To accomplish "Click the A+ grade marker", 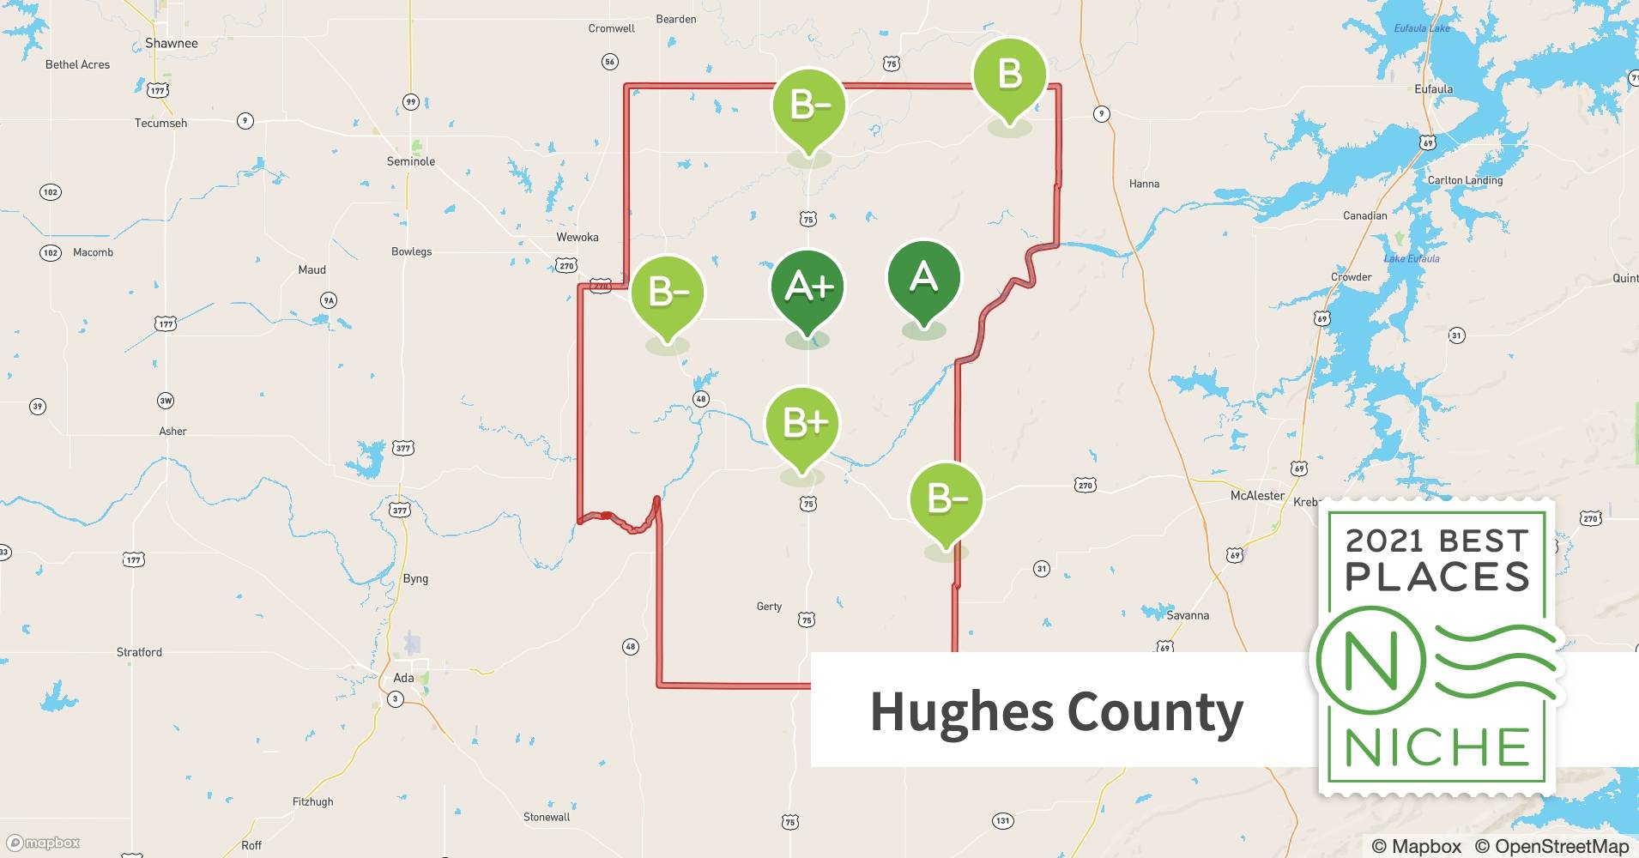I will (x=807, y=287).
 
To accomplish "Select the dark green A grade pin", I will (x=923, y=278).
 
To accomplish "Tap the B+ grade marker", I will (x=802, y=424).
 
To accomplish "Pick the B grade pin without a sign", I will (x=1009, y=76).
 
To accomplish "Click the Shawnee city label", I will (x=172, y=43).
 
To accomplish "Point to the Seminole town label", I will (x=411, y=161).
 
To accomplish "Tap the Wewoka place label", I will (x=578, y=237).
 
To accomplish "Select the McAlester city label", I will (x=1257, y=496).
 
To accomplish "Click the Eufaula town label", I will (x=1434, y=89).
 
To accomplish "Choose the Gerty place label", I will (x=769, y=607).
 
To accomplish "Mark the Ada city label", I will (x=403, y=678).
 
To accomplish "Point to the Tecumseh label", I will (x=160, y=123).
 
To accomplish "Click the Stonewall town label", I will (x=547, y=817).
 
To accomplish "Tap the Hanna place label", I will (x=1144, y=184).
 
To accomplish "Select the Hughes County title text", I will (x=1056, y=712).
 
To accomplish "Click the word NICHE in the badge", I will (x=1437, y=748).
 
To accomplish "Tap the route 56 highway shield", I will (x=609, y=62).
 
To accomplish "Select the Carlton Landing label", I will (x=1465, y=180).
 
